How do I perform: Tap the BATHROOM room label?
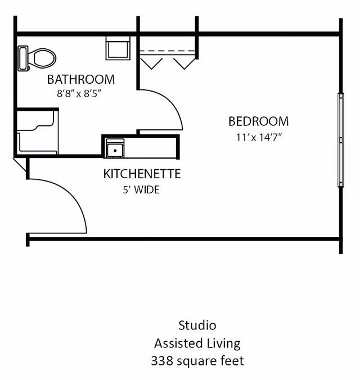point(81,79)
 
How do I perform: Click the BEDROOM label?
point(258,121)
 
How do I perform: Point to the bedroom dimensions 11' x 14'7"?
point(259,137)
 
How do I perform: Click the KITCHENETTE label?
point(142,174)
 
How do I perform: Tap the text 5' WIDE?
point(141,190)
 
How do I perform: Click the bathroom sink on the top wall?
point(118,48)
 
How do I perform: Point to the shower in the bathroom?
point(36,132)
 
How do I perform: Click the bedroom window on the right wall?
point(340,139)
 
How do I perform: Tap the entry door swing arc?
point(67,202)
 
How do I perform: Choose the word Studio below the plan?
point(197,325)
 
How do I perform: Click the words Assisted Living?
point(197,343)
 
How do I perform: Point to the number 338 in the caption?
point(161,361)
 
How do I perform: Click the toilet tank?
point(23,58)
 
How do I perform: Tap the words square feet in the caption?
point(210,361)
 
